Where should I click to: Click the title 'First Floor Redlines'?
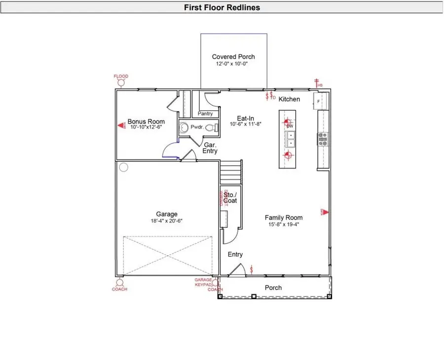point(222,7)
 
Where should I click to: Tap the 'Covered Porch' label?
point(233,57)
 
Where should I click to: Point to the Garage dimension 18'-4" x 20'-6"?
point(167,221)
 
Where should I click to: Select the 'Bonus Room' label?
point(146,121)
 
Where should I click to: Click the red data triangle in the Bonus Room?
point(121,126)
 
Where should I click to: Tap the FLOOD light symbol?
point(121,83)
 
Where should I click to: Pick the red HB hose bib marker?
point(317,83)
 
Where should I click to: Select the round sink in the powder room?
point(184,127)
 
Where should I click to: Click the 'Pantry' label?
point(205,114)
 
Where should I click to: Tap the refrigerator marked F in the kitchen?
point(319,102)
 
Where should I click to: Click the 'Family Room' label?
point(284,217)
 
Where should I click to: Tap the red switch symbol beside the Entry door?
point(252,269)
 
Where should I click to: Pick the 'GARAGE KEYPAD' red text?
point(203,282)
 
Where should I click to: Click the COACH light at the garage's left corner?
point(119,284)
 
